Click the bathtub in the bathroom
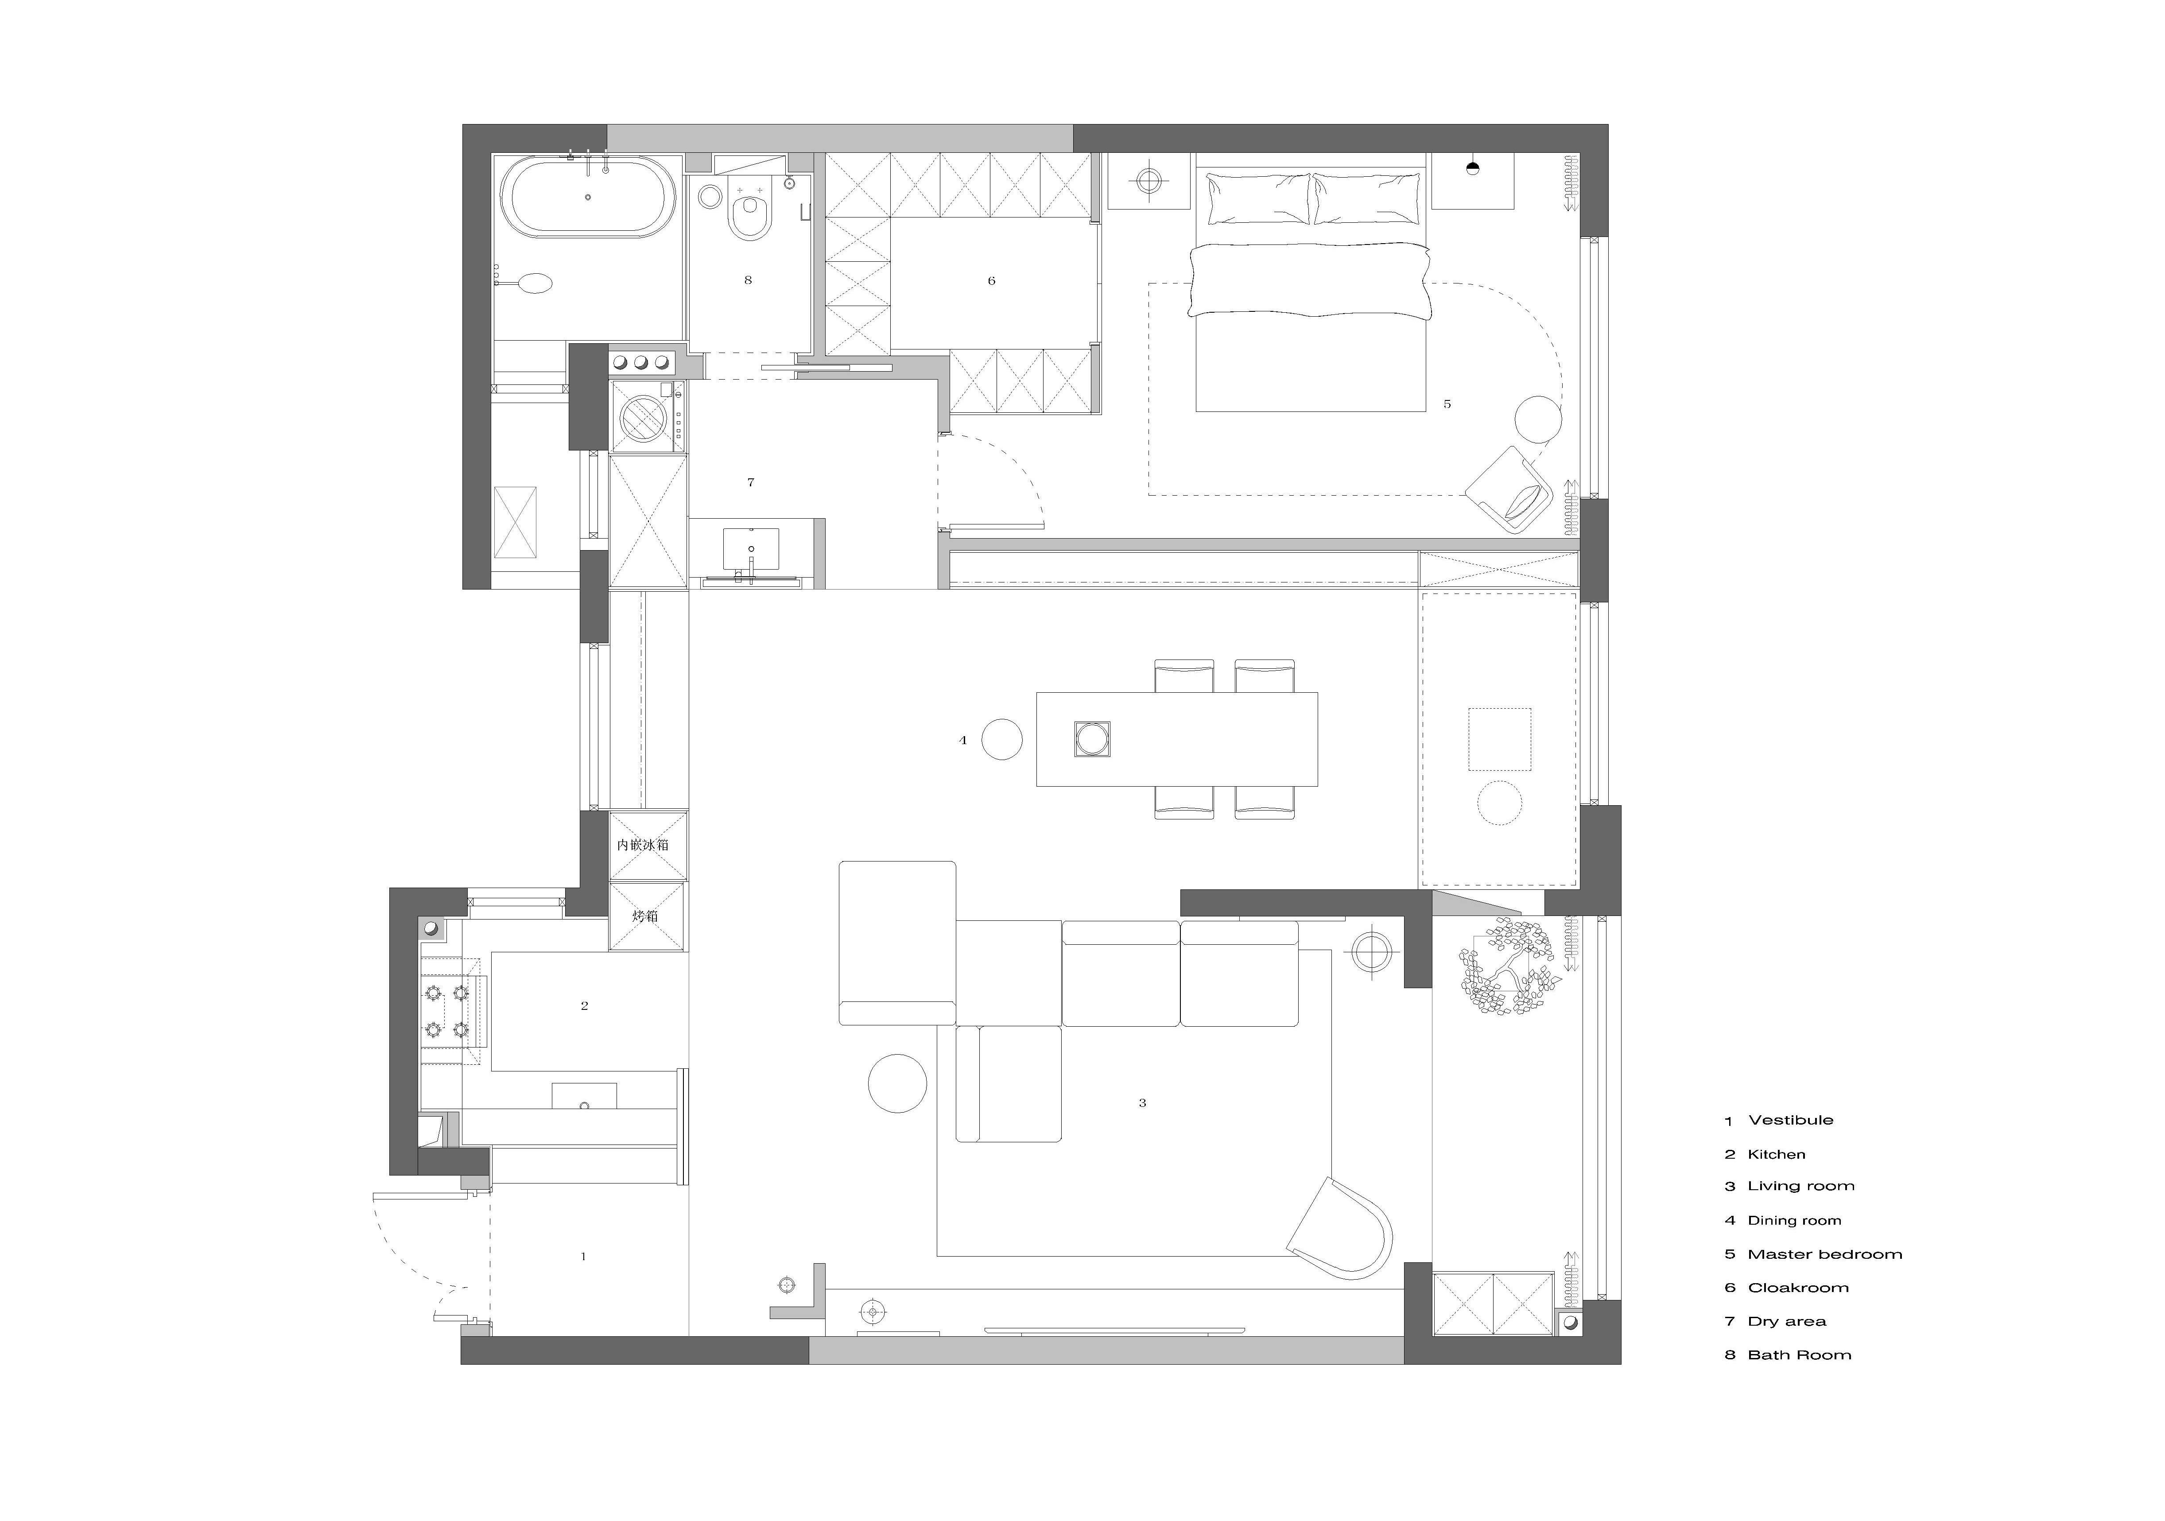click(587, 197)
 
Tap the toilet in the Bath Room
click(749, 213)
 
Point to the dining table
click(1177, 739)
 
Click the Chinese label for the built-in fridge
click(643, 845)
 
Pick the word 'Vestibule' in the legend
click(1791, 1120)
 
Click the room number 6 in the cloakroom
click(991, 281)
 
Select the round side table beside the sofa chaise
click(898, 1083)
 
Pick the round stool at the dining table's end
click(1001, 739)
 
